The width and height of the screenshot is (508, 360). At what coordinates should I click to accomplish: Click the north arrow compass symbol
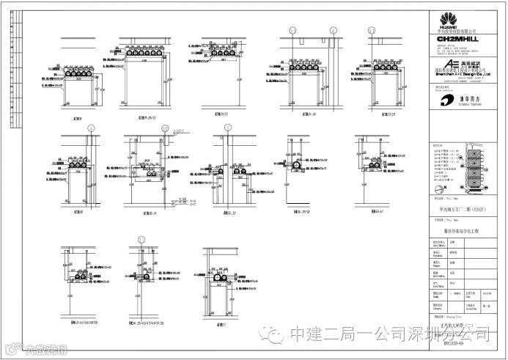(x=440, y=190)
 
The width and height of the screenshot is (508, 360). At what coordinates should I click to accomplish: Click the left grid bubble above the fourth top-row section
(x=292, y=30)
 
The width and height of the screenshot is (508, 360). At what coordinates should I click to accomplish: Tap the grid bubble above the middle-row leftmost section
(x=91, y=127)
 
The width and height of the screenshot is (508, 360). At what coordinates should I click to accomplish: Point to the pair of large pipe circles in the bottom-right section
(x=219, y=279)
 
